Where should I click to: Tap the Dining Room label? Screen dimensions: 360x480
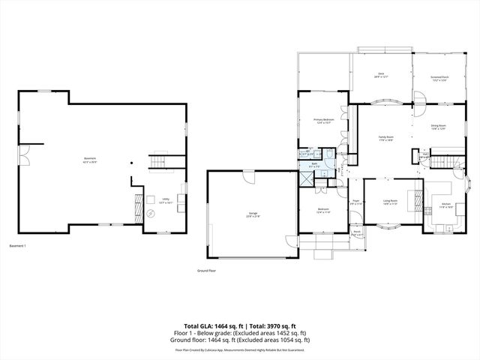(x=438, y=127)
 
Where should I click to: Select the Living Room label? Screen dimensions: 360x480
(x=390, y=201)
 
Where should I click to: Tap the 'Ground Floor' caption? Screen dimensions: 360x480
(x=207, y=270)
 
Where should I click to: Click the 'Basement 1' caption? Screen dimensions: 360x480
(x=17, y=246)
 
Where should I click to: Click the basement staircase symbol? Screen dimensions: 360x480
(x=159, y=163)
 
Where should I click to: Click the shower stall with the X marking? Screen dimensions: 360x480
(x=307, y=179)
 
